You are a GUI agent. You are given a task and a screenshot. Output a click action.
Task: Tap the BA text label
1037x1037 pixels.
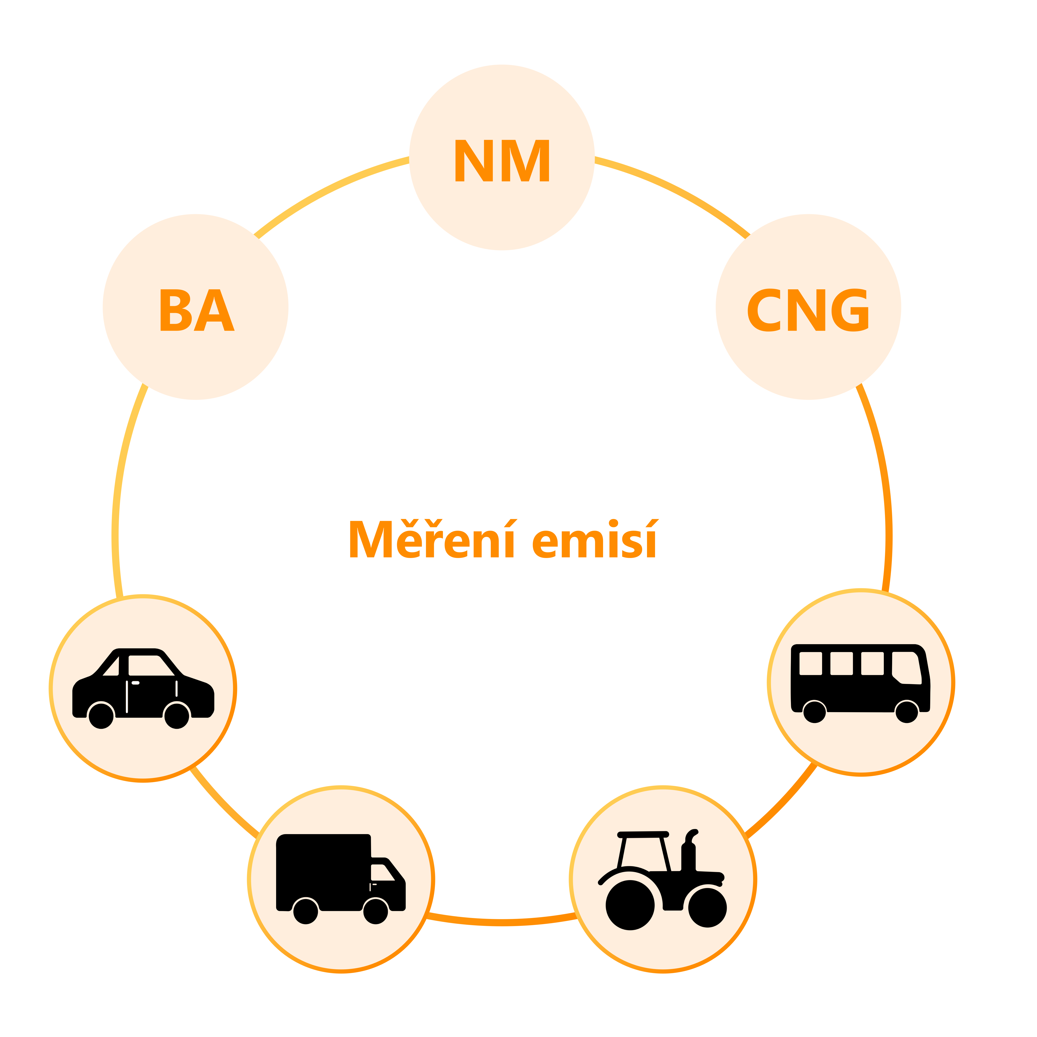[196, 310]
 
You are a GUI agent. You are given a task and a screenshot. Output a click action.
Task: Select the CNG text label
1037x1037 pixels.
[808, 310]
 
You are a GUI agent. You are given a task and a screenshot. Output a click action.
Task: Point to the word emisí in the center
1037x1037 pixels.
[595, 540]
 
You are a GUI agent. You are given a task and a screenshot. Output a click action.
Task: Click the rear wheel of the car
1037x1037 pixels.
[101, 716]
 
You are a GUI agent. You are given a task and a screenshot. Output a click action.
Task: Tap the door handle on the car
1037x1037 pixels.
[135, 683]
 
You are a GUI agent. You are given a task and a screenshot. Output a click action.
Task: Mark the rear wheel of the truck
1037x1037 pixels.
[306, 911]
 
